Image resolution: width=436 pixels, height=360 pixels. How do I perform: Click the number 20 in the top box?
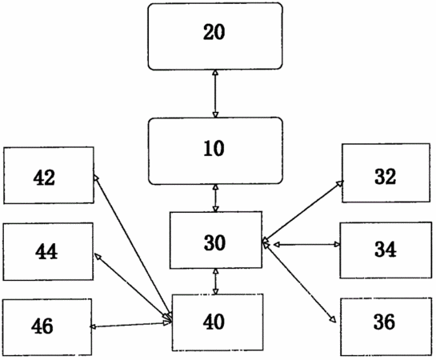[214, 32]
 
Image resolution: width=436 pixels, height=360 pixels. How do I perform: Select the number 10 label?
[214, 148]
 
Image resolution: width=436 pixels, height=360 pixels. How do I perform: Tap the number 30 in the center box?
[214, 242]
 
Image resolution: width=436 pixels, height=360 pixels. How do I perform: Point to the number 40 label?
[214, 322]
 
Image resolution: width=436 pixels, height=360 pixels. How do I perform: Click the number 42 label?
[44, 178]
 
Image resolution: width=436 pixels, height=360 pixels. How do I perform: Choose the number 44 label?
[46, 251]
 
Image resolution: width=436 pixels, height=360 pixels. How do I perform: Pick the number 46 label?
[42, 326]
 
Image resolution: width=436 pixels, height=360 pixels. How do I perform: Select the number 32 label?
[385, 177]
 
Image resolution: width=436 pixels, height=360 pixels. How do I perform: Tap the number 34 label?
[386, 249]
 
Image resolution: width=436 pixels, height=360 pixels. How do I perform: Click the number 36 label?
[384, 322]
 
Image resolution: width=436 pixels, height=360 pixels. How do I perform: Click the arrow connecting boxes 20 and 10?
[215, 94]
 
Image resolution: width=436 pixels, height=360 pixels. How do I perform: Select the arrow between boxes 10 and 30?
[215, 198]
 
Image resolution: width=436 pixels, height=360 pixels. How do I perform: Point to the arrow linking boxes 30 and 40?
[215, 282]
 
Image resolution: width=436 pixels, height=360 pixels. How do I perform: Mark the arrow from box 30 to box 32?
[303, 210]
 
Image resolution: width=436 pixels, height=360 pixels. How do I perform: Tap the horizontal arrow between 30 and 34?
[306, 245]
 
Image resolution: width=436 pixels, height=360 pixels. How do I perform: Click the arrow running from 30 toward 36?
[299, 282]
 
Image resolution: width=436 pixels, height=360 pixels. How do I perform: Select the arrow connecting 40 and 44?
[132, 286]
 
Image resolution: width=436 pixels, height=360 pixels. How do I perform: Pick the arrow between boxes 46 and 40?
[130, 325]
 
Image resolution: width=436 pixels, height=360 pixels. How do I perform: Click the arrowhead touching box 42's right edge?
[96, 178]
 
